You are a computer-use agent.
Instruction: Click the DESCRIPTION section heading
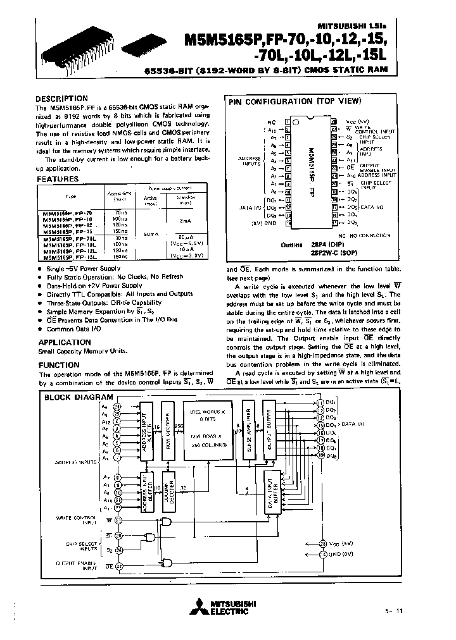pyautogui.click(x=61, y=99)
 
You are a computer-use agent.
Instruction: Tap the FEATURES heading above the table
pyautogui.click(x=58, y=180)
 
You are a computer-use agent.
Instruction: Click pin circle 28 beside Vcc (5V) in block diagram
pyautogui.click(x=322, y=543)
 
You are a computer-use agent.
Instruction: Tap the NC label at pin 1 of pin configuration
pyautogui.click(x=272, y=121)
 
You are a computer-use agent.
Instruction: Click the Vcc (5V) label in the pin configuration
pyautogui.click(x=357, y=121)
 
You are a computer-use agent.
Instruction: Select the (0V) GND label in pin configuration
pyautogui.click(x=266, y=223)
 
